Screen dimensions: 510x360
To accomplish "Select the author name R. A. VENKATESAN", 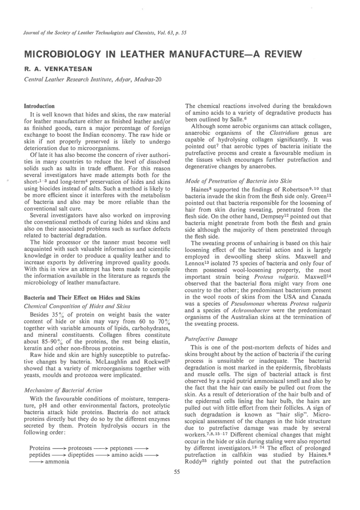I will pos(58,69).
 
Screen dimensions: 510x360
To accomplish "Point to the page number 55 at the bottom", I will pos(177,472).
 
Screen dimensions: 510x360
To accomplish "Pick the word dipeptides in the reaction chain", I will pos(81,455).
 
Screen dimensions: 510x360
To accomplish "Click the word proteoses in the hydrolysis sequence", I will pos(80,448).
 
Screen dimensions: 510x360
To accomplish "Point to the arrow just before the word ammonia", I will pos(36,462).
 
